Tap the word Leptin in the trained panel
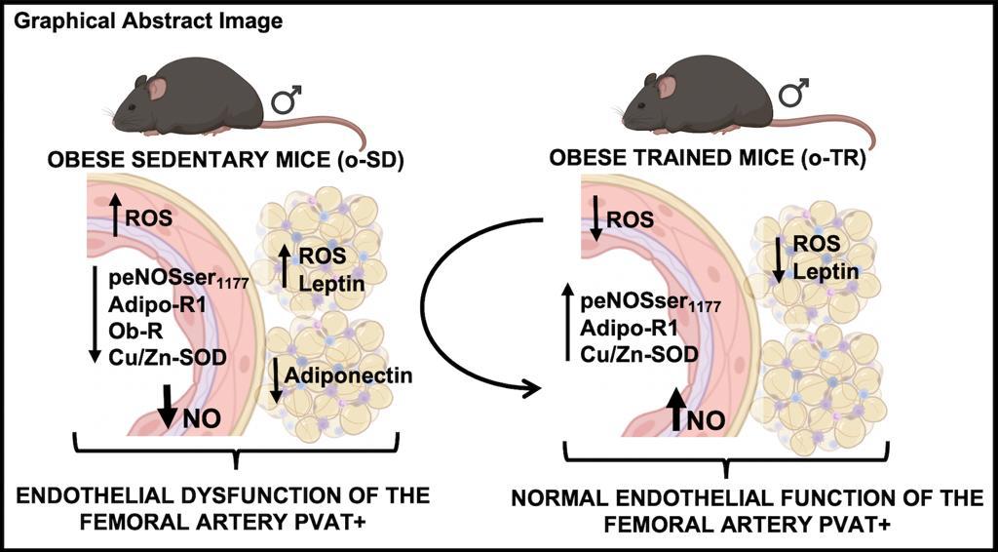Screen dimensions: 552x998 [x=826, y=271]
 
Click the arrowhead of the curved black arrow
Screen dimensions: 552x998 [x=532, y=389]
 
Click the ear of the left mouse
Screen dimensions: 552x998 [x=157, y=89]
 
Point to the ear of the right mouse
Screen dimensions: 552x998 [x=667, y=87]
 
